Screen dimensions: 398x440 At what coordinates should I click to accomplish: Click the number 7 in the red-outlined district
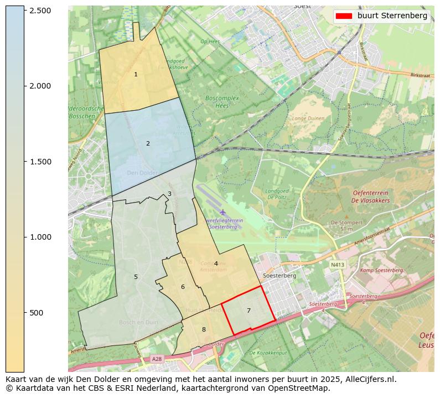click(x=249, y=311)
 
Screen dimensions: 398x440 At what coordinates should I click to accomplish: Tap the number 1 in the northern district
click(x=136, y=74)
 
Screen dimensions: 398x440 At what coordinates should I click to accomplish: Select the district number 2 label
click(x=148, y=143)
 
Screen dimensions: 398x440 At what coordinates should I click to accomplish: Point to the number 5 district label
click(x=136, y=277)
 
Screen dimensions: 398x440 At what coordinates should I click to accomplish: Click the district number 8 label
click(x=204, y=329)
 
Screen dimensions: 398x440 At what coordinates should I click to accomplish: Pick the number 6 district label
click(x=183, y=287)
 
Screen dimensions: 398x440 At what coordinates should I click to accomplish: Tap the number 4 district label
click(x=216, y=263)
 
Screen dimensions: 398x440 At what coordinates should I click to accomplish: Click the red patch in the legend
click(x=345, y=16)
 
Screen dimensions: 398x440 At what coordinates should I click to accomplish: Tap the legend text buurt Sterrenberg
click(x=392, y=16)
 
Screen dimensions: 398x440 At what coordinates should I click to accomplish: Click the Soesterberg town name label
click(x=279, y=275)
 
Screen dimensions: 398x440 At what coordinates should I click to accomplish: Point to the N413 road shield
click(x=337, y=265)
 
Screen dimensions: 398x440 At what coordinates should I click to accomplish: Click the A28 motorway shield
click(x=157, y=359)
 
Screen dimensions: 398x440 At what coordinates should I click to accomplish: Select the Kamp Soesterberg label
click(x=382, y=270)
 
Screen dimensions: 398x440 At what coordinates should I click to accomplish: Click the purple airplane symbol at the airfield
click(x=222, y=212)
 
